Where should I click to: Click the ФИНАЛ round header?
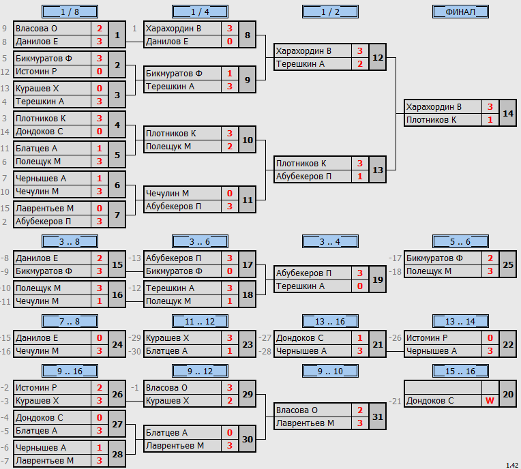point(460,12)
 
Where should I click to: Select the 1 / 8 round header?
point(70,12)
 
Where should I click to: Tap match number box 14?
point(508,113)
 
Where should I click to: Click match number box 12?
point(378,57)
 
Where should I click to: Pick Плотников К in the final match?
point(431,120)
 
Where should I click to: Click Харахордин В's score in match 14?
point(490,107)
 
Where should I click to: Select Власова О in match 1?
point(36,29)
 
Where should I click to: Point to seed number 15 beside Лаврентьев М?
point(5,209)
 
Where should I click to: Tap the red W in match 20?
point(490,401)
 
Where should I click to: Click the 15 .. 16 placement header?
point(460,371)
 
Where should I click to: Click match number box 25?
point(508,264)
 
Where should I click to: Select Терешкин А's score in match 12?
point(360,64)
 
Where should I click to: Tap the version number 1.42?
point(512,466)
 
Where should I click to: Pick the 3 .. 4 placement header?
point(330,241)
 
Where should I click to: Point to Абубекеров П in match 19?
point(303,273)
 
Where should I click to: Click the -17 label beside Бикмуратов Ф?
point(395,258)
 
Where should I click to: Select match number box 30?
point(248,439)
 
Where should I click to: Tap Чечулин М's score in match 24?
point(100,351)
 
